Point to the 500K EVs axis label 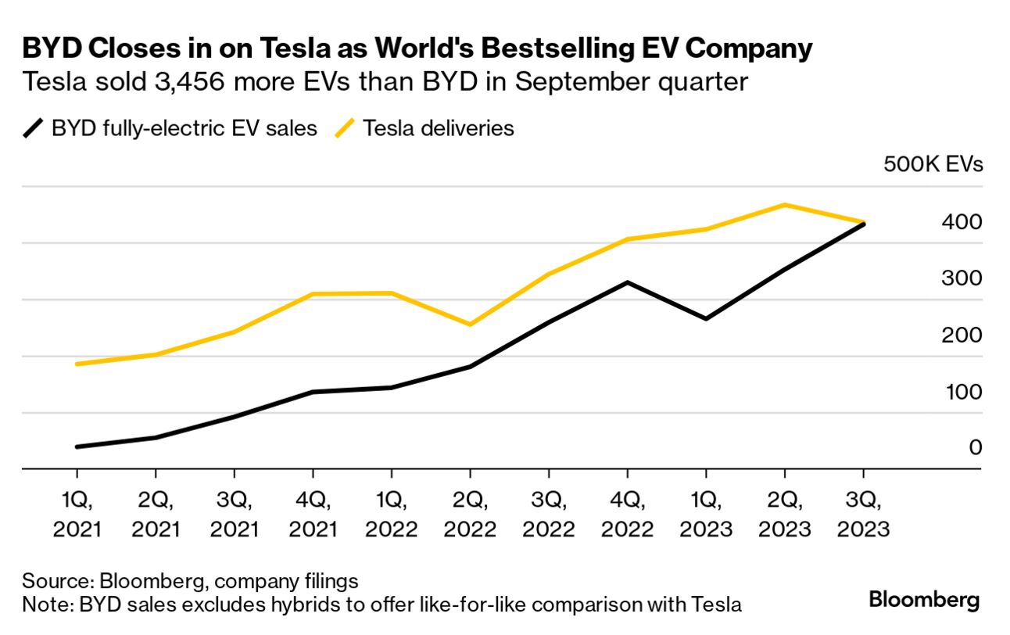(933, 165)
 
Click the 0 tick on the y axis (975, 447)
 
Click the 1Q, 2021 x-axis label (77, 514)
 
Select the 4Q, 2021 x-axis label (313, 514)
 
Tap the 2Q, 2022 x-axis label (470, 514)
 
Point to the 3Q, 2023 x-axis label (863, 514)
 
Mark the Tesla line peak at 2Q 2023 (784, 205)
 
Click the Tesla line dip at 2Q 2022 (470, 325)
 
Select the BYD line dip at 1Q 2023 (706, 319)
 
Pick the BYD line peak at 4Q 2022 (627, 282)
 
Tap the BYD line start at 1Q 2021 (77, 447)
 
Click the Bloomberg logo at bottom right (924, 601)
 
